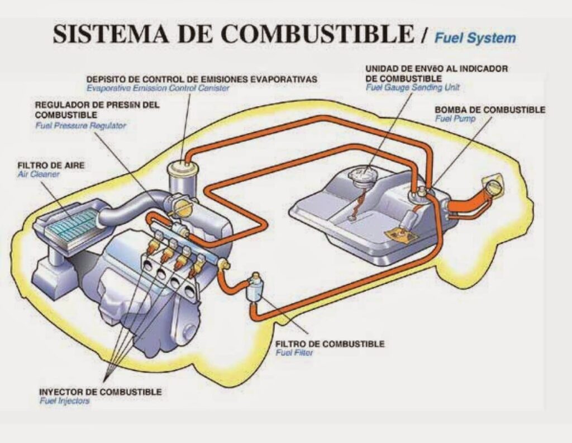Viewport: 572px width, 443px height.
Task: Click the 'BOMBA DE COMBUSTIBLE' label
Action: (x=490, y=110)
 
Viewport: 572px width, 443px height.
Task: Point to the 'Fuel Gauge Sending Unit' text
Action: (x=413, y=88)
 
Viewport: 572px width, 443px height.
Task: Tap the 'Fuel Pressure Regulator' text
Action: (x=80, y=125)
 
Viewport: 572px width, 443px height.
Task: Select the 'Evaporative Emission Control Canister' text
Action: (x=158, y=88)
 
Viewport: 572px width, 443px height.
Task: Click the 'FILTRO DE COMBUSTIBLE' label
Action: (x=330, y=343)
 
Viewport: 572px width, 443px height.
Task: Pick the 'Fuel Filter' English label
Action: (x=294, y=353)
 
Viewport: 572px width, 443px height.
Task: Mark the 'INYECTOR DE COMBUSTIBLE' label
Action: (x=101, y=392)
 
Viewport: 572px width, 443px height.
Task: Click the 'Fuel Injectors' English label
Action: (x=64, y=401)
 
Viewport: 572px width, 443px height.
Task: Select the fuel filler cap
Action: (x=494, y=187)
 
